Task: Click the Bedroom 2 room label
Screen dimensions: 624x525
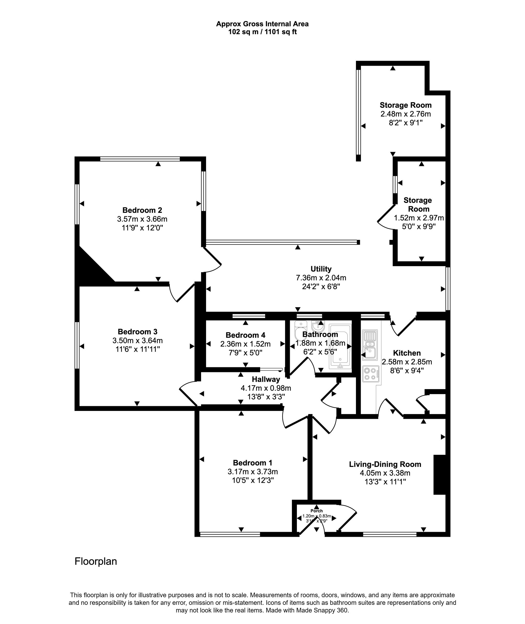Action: [x=142, y=210]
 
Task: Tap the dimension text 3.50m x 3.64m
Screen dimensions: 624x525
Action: [x=138, y=340]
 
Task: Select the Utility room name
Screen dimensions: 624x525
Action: [x=321, y=269]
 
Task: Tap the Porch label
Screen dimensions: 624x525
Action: [x=316, y=510]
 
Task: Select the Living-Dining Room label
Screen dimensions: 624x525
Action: [x=385, y=464]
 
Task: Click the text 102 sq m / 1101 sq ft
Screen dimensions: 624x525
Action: [x=262, y=32]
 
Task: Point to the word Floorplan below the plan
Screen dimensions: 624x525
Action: [x=96, y=561]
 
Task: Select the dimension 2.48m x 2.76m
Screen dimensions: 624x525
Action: [x=405, y=114]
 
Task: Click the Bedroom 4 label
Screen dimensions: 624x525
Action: [x=245, y=335]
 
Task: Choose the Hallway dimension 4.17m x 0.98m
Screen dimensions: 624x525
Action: [x=265, y=388]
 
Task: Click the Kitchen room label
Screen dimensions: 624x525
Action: [x=407, y=353]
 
